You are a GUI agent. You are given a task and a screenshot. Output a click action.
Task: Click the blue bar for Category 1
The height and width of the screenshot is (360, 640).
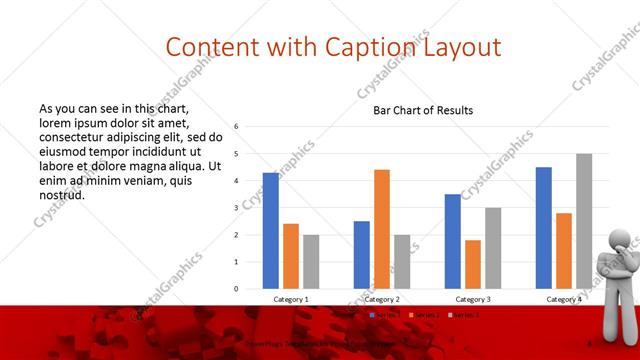(x=271, y=231)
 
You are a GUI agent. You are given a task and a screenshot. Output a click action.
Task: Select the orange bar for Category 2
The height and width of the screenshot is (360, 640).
(x=382, y=229)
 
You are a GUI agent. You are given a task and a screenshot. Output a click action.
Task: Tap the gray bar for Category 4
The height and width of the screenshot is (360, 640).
(x=584, y=221)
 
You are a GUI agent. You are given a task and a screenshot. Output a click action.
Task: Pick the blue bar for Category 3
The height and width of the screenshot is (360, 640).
(x=453, y=241)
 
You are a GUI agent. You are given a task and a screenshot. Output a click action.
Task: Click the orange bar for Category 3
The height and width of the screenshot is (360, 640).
(x=473, y=264)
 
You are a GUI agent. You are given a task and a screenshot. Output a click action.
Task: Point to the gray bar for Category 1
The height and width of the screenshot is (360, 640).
(x=311, y=262)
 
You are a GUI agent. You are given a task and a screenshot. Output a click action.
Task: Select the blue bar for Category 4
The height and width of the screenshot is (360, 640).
(x=544, y=228)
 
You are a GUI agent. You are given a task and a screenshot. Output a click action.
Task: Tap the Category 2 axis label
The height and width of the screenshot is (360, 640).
(x=382, y=299)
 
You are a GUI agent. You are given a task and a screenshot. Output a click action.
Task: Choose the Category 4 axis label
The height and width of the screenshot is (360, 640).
(x=564, y=299)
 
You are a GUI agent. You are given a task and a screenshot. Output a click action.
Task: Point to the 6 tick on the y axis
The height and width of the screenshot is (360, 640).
(x=236, y=127)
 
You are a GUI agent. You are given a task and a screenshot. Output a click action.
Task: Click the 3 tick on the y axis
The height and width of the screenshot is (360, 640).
(x=236, y=208)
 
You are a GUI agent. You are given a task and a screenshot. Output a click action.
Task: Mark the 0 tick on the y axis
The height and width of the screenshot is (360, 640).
(x=236, y=289)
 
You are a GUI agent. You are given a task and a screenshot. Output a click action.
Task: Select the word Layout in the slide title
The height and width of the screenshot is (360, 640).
(x=461, y=47)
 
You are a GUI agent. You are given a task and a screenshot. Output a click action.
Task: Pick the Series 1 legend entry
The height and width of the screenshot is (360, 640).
(x=386, y=315)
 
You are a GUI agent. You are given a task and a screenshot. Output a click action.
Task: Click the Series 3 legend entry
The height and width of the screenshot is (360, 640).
(x=466, y=315)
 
